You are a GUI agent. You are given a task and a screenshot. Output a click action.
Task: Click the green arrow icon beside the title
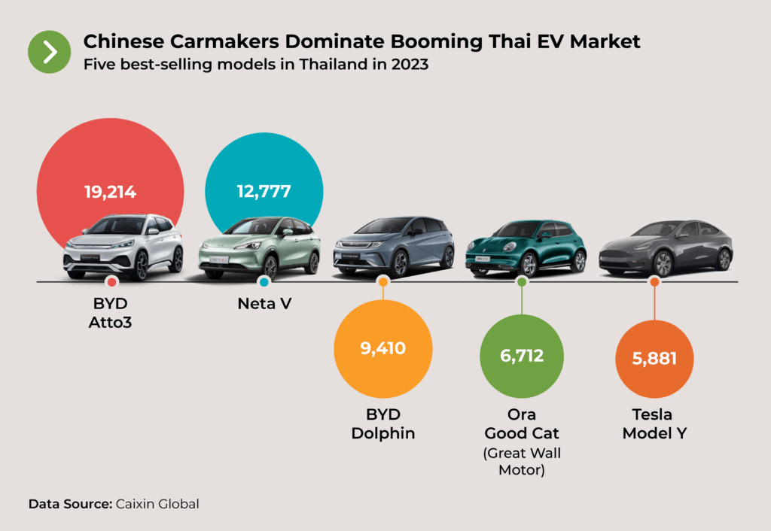pyautogui.click(x=49, y=52)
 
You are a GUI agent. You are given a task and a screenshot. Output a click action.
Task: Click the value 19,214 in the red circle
pyautogui.click(x=110, y=192)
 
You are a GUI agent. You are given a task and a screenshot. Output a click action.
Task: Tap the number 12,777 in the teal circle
pyautogui.click(x=264, y=191)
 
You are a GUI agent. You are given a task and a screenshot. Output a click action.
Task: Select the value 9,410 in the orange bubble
pyautogui.click(x=382, y=348)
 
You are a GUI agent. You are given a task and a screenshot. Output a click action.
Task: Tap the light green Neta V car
pyautogui.click(x=260, y=248)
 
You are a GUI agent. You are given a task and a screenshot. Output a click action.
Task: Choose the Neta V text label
pyautogui.click(x=264, y=305)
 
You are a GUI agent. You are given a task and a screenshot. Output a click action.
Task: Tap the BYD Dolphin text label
pyautogui.click(x=382, y=424)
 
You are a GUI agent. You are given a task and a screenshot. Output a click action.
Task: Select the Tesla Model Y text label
pyautogui.click(x=654, y=424)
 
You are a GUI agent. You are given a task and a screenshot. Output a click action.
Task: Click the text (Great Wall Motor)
pyautogui.click(x=521, y=462)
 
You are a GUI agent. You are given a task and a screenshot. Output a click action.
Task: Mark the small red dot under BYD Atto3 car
pyautogui.click(x=111, y=282)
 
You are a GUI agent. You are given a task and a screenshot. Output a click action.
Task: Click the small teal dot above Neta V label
pyautogui.click(x=264, y=282)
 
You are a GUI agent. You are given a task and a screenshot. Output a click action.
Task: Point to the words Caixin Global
pyautogui.click(x=157, y=504)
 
